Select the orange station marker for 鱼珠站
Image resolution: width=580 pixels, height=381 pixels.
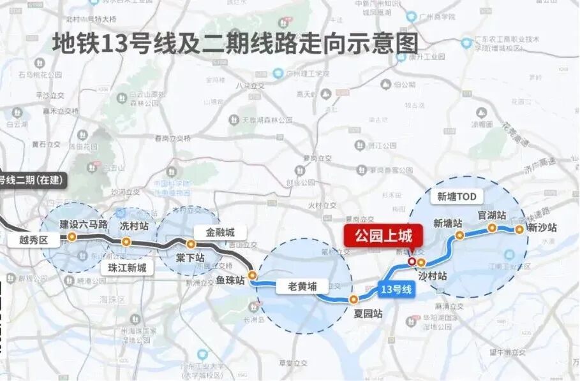point(253,276)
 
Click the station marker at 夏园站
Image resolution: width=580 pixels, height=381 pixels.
point(353,299)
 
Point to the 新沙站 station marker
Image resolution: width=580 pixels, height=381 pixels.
point(520,228)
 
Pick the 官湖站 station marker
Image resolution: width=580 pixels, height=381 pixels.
point(492,227)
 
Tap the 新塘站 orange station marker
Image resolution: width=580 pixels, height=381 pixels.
point(459,236)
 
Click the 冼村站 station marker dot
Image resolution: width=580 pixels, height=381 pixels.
point(126,242)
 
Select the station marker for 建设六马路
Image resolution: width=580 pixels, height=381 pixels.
point(72,236)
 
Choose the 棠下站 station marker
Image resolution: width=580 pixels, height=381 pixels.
point(190,244)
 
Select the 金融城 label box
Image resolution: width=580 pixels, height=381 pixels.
point(220,233)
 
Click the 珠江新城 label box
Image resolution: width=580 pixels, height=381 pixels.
point(127,268)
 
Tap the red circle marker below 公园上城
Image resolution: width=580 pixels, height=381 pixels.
point(412,261)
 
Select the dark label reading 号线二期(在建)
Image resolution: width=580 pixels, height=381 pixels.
point(32,180)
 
